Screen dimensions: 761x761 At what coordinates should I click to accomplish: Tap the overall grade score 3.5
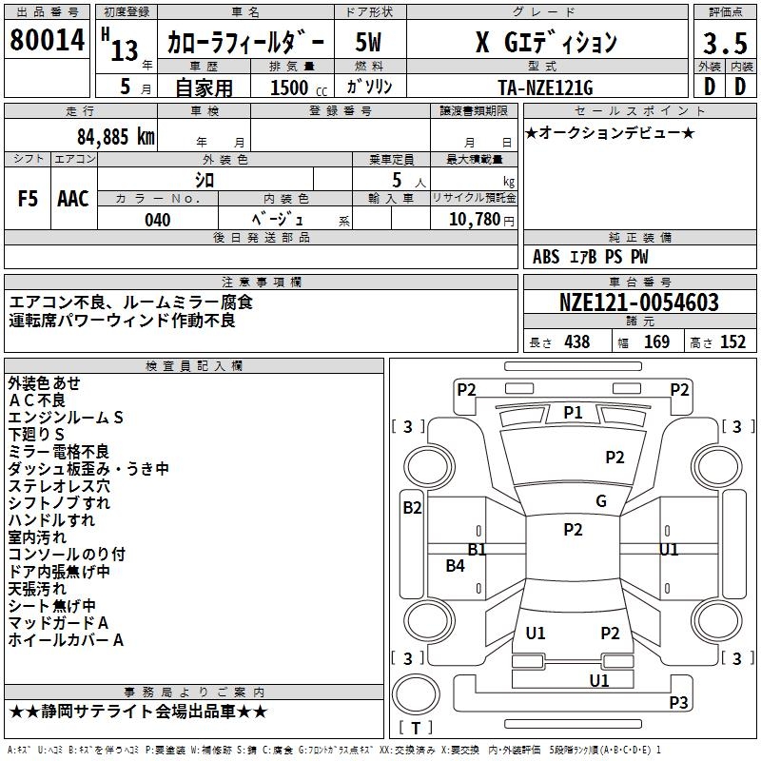(724, 44)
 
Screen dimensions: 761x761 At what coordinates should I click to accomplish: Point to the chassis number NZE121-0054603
(639, 303)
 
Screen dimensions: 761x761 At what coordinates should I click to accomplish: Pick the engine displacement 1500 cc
(295, 88)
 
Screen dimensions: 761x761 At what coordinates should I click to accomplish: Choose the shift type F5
(28, 199)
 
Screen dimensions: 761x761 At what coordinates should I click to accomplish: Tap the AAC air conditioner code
(73, 199)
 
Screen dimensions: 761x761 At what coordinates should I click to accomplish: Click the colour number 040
(158, 221)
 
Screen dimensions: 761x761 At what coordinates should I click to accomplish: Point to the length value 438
(576, 342)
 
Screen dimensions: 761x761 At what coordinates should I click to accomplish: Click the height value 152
(732, 342)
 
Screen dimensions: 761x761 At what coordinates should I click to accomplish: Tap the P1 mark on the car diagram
(573, 412)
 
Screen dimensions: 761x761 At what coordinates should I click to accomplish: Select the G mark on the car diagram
(600, 501)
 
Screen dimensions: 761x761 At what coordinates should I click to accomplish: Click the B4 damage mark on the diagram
(456, 566)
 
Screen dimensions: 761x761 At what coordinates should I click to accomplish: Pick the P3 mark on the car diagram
(678, 703)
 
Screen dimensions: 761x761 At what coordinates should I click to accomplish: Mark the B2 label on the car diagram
(412, 508)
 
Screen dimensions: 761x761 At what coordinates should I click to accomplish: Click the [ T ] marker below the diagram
(416, 729)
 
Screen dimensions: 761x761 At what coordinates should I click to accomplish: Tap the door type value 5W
(369, 43)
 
